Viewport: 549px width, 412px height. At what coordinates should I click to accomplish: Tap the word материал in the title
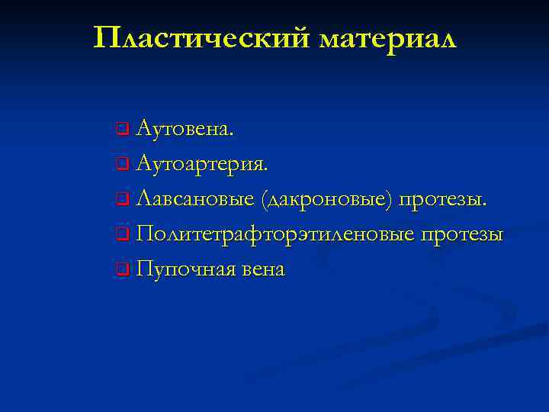[x=388, y=37]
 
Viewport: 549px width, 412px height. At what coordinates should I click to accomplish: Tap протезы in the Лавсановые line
[x=442, y=199]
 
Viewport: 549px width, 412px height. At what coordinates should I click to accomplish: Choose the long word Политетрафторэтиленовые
[x=274, y=234]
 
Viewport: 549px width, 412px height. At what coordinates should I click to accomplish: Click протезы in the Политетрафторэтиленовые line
[x=461, y=234]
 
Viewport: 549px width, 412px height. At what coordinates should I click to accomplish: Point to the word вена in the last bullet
[x=264, y=269]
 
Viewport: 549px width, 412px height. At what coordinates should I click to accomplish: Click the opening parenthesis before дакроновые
[x=263, y=199]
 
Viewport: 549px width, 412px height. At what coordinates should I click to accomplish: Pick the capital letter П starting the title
[x=108, y=37]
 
